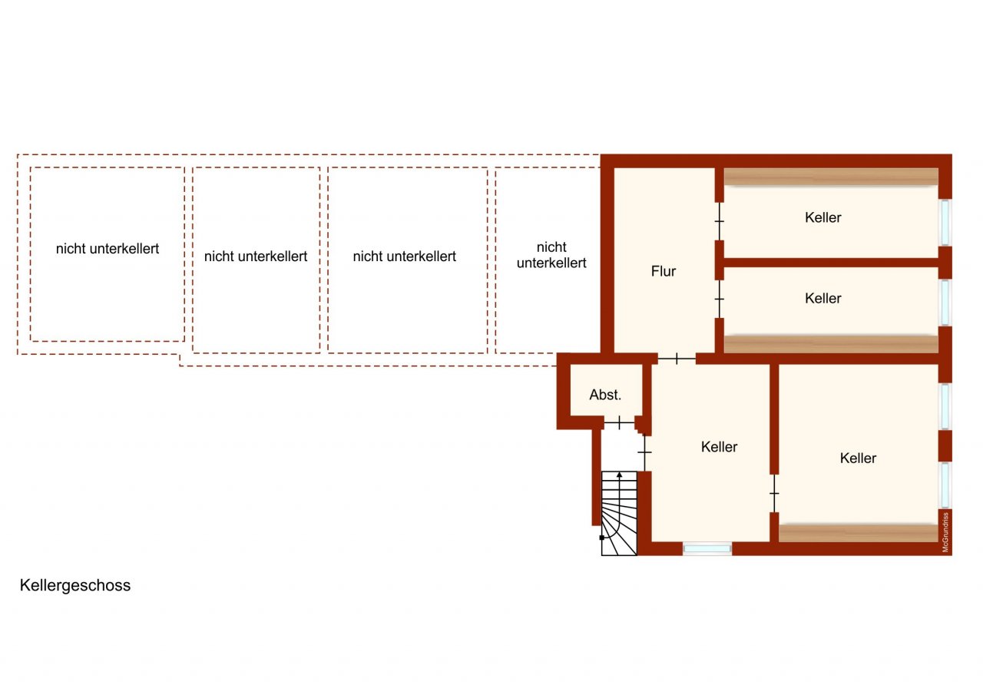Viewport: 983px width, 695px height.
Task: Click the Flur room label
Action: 663,271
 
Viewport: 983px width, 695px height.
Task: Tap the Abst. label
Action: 605,395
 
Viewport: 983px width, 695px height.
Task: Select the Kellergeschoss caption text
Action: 75,585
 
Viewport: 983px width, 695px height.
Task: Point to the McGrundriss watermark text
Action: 945,532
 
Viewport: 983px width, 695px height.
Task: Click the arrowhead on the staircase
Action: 619,475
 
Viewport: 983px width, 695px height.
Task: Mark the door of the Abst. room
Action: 619,423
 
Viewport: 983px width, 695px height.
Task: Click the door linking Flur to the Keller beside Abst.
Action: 677,359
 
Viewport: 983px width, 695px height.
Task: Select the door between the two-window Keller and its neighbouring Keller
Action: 775,493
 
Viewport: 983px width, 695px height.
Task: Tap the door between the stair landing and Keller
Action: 644,452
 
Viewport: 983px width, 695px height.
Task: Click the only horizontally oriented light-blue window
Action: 707,548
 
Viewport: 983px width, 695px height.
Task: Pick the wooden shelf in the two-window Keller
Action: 859,533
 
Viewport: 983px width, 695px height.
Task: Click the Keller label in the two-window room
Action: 858,458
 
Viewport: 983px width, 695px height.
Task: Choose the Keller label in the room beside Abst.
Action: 720,447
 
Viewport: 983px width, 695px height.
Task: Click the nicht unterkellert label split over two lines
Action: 551,255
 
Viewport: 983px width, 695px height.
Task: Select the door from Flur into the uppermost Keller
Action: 720,221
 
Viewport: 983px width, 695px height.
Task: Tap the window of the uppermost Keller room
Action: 945,222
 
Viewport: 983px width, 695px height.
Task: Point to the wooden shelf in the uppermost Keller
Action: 831,177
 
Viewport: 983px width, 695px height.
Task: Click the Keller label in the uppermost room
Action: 822,217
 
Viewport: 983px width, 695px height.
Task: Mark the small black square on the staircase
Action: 601,538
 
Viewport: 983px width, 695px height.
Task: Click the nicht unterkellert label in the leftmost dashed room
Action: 108,249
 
